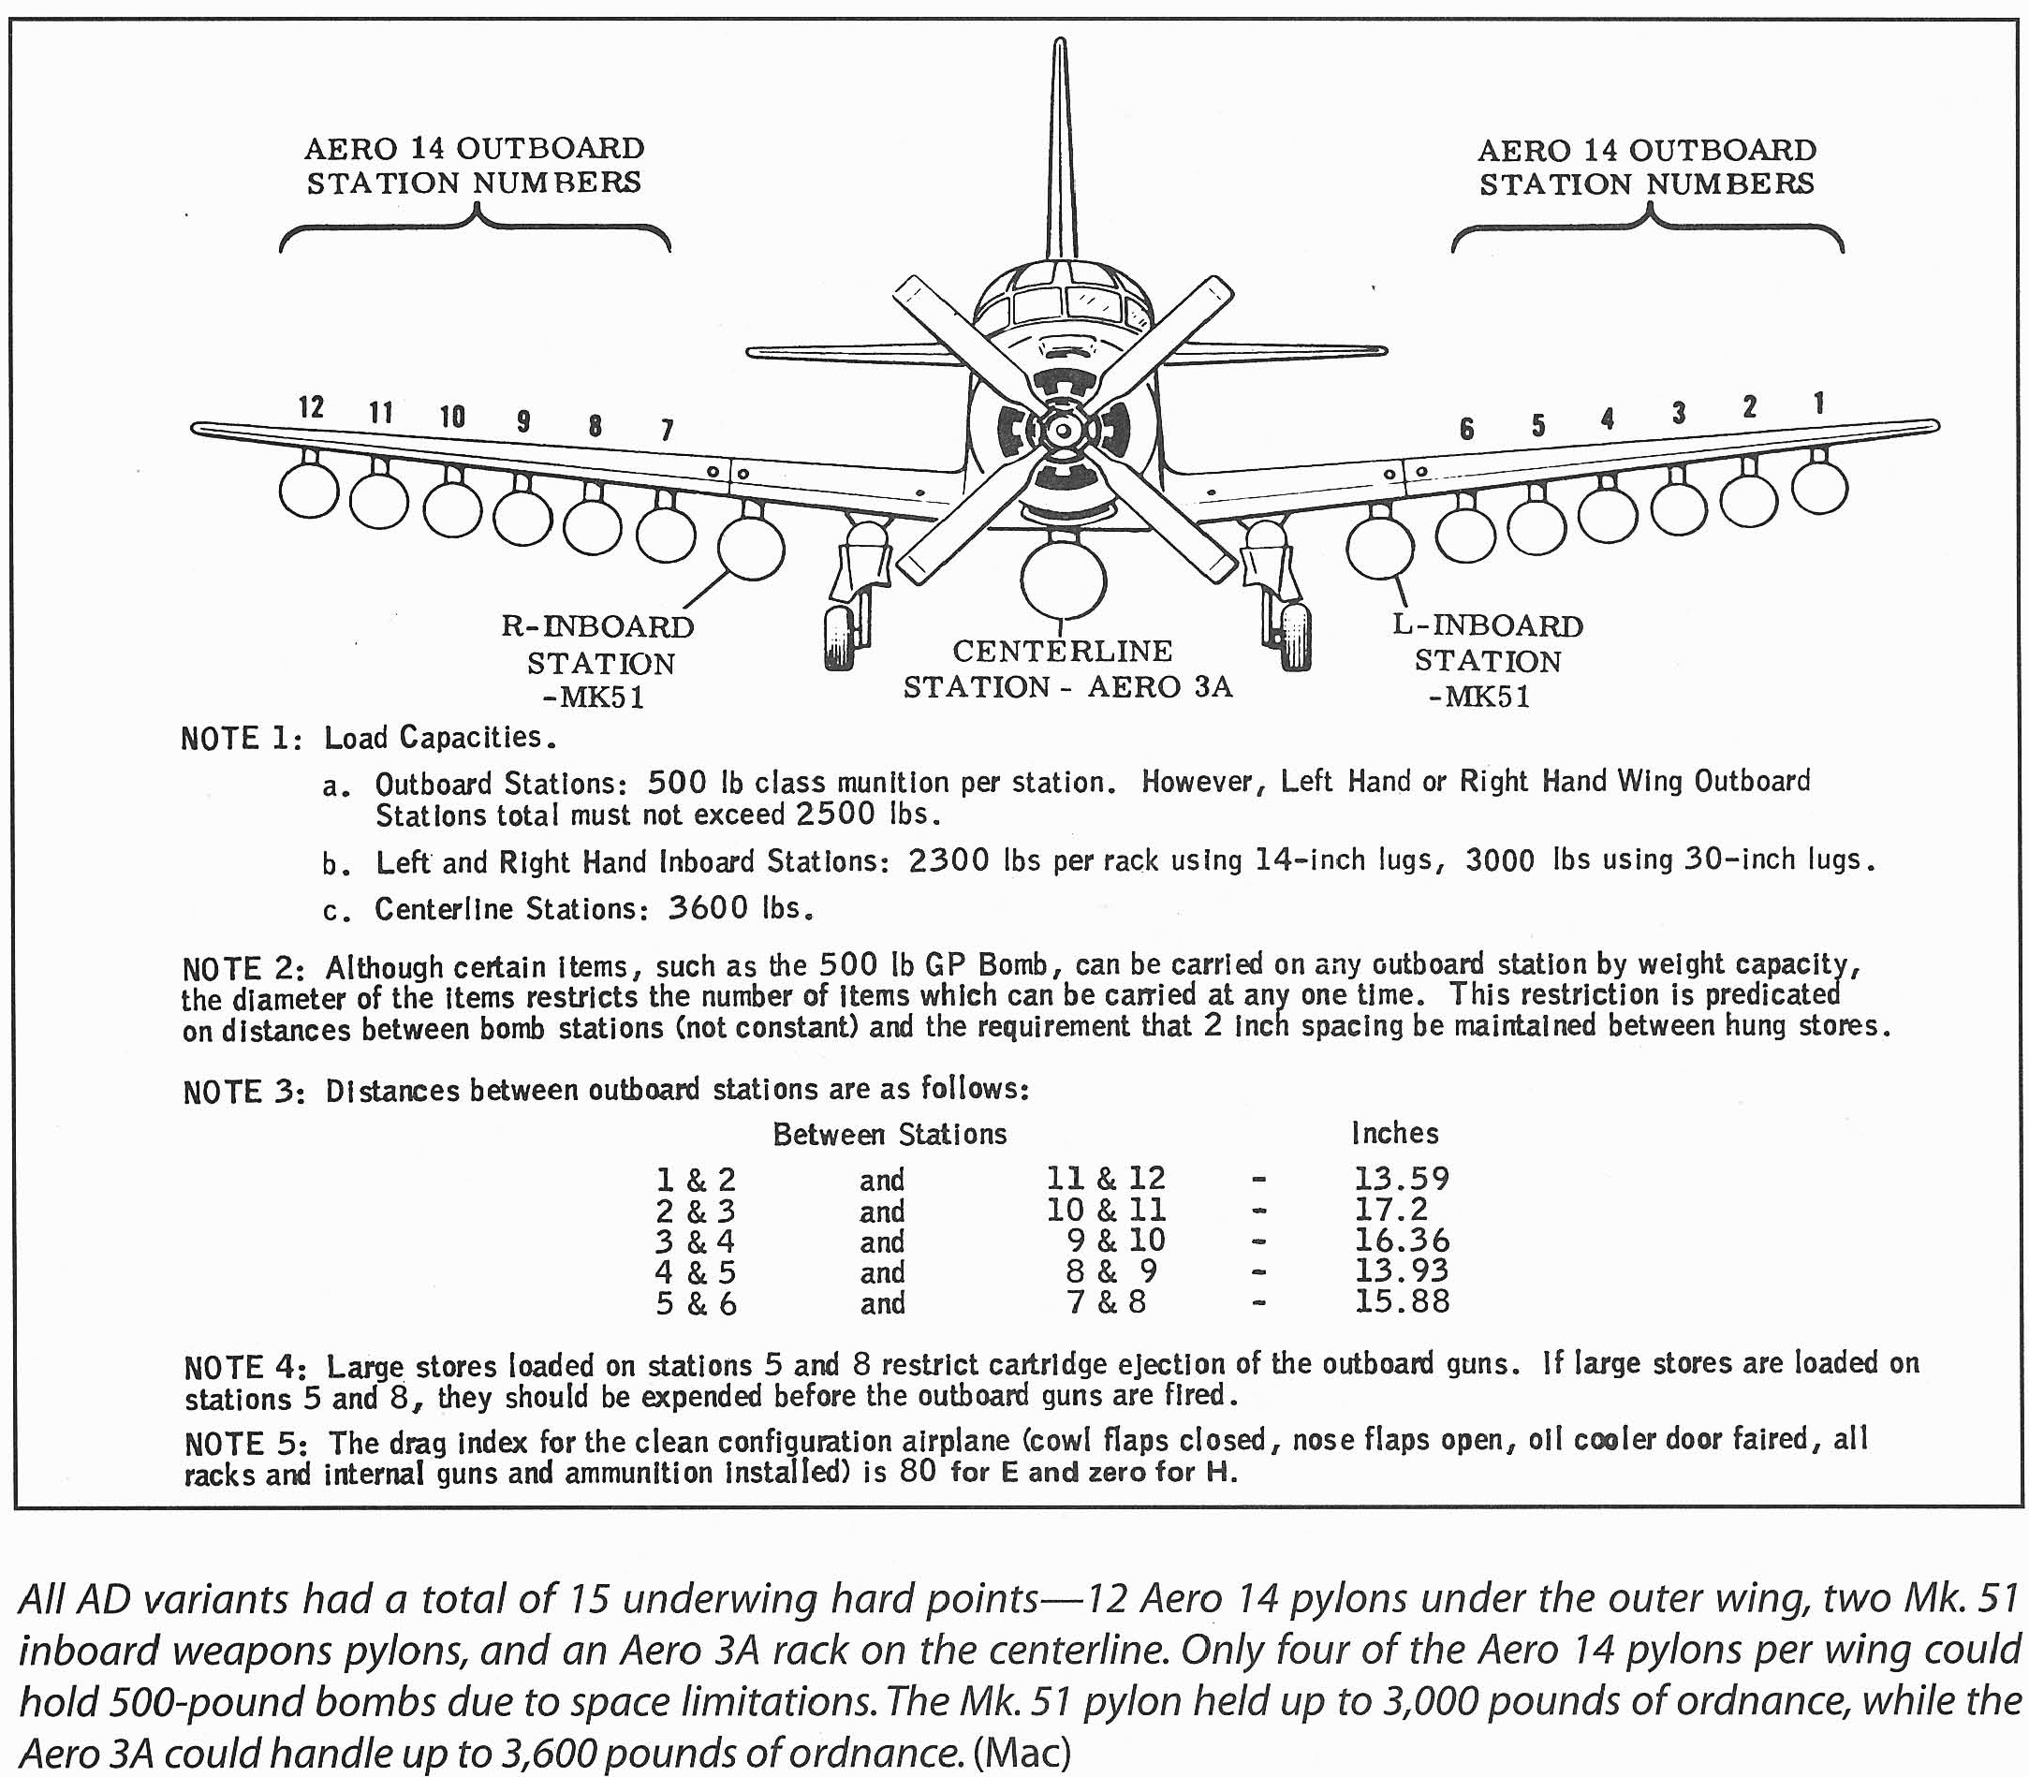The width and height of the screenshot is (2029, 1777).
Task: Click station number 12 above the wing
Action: coord(312,407)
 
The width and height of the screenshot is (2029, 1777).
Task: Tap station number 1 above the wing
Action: coord(1818,404)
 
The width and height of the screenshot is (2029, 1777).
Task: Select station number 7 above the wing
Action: coord(668,430)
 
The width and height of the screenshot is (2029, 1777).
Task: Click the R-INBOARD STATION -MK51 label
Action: coord(598,661)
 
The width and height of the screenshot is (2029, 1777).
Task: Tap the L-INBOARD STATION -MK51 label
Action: coord(1488,660)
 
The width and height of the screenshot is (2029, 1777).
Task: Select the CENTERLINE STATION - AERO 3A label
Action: coord(1067,669)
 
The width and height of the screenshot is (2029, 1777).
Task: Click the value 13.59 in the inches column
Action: coord(1402,1178)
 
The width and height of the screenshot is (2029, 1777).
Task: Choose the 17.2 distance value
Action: coord(1390,1209)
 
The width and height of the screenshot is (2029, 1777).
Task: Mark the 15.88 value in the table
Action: coord(1402,1301)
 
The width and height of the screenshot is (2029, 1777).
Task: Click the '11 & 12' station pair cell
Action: coord(1106,1178)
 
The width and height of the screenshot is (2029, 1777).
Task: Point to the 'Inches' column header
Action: coord(1394,1133)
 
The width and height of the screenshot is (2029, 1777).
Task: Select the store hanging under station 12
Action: coord(309,490)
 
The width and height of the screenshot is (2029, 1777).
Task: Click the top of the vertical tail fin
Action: coord(1060,45)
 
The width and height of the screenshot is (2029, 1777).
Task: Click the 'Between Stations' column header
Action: coord(890,1134)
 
